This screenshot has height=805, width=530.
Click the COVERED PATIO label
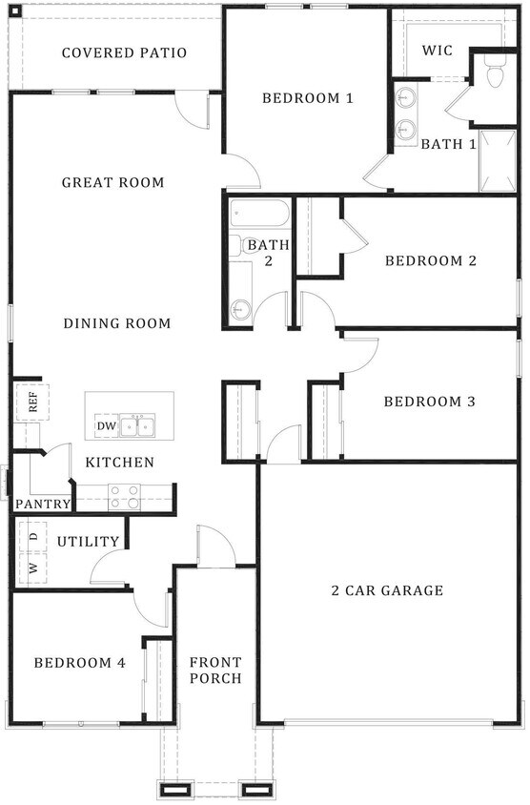(124, 52)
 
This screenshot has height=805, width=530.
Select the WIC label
(438, 51)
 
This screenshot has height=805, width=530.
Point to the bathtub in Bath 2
(260, 213)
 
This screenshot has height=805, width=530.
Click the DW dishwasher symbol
(107, 425)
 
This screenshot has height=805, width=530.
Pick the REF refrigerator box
(32, 402)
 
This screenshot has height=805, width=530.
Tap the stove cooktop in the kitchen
(124, 497)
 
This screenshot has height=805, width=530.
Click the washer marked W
(32, 568)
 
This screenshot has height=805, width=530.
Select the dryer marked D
(32, 537)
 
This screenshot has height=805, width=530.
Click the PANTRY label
(43, 504)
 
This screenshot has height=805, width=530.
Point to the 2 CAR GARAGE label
(387, 590)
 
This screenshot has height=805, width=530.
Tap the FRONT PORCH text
(215, 670)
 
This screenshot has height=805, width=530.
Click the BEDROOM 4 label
(79, 663)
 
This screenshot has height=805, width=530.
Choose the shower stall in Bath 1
(498, 161)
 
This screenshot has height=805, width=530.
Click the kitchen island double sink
(137, 426)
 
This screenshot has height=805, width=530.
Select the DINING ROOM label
(117, 323)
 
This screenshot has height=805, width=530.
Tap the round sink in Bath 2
(240, 310)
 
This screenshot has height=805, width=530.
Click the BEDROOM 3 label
(430, 402)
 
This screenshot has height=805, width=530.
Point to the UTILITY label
(89, 542)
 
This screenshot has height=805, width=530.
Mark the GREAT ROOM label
(112, 182)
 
